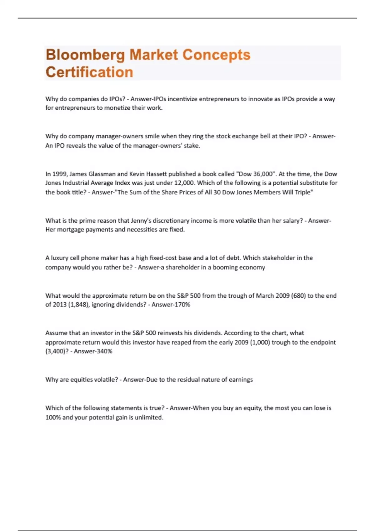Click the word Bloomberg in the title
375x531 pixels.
[85, 55]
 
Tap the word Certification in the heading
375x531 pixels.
[89, 72]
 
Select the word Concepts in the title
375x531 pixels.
[216, 55]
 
